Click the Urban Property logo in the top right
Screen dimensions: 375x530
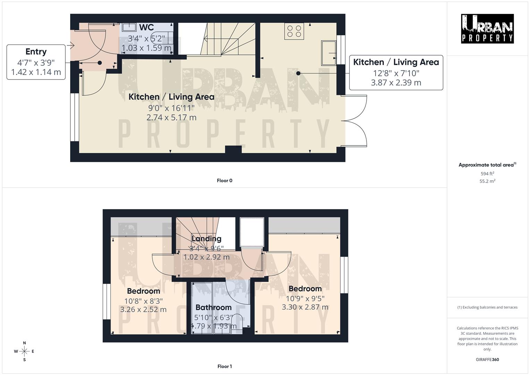[487, 29]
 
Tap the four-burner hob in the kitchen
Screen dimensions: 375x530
[294, 30]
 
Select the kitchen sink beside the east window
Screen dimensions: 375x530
[328, 53]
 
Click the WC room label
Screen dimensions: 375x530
[146, 28]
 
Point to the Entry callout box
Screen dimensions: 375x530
[36, 62]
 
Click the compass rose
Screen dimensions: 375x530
[24, 351]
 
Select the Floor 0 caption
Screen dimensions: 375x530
[225, 181]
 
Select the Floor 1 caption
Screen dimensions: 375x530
[225, 366]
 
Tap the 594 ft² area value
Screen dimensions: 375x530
[487, 174]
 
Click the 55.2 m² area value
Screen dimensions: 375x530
[487, 181]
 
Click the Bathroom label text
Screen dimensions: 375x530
[213, 307]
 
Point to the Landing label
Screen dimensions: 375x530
[207, 239]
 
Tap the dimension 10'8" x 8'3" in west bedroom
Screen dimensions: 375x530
[143, 301]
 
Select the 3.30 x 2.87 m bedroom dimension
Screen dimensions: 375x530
[305, 307]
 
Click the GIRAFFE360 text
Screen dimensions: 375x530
[487, 359]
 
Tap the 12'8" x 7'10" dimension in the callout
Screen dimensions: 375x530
[396, 73]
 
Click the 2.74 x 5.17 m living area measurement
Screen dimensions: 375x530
[171, 118]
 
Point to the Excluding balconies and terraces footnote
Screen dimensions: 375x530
[487, 307]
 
